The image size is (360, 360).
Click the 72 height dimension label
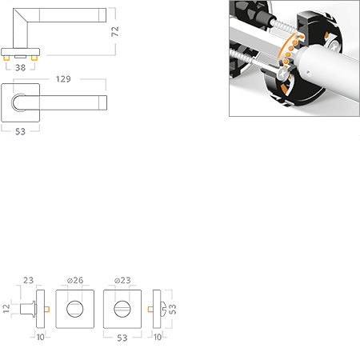tap(115, 31)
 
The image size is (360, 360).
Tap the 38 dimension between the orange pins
tap(21, 68)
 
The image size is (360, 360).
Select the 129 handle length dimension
tap(63, 79)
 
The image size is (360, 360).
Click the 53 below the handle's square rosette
tap(20, 131)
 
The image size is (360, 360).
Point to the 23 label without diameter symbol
tap(28, 280)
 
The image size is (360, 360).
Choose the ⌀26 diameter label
tap(75, 280)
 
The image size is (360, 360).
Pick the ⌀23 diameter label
tap(122, 280)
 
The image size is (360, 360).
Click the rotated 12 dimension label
tap(6, 309)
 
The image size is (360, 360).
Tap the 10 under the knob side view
tap(41, 337)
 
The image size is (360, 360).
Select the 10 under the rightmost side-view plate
tap(158, 337)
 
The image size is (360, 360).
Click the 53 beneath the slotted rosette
tap(122, 338)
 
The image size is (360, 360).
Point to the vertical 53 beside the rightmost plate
tap(173, 309)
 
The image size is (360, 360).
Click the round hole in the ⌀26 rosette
tap(75, 309)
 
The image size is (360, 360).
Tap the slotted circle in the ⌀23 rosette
tap(122, 309)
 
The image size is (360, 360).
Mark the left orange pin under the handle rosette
tap(6, 58)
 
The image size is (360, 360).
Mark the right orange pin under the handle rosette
tap(34, 58)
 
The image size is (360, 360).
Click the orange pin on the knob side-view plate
tap(47, 309)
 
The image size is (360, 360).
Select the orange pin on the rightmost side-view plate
tap(150, 309)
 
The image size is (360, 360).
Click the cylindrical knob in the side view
tap(28, 309)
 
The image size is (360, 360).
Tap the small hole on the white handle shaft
tap(308, 73)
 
